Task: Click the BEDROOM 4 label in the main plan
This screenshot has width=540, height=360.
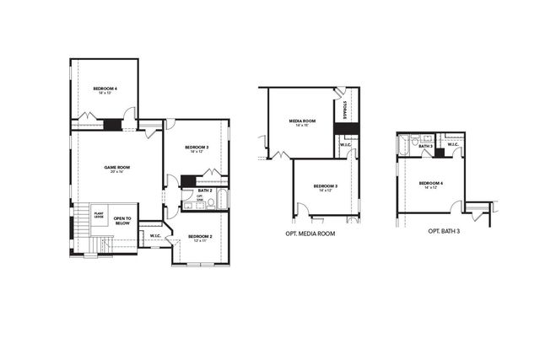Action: [x=105, y=89]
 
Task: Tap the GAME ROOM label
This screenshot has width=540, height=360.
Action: [x=117, y=167]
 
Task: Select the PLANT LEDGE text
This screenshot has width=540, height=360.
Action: [x=99, y=215]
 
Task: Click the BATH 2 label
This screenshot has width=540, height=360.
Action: [x=204, y=191]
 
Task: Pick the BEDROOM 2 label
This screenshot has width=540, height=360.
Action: [x=200, y=236]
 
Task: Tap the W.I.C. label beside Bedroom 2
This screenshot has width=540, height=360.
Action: [x=155, y=235]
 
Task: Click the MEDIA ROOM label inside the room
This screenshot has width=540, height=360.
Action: [x=302, y=121]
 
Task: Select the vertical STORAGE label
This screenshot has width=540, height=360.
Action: [x=346, y=110]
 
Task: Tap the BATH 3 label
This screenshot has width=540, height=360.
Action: [x=425, y=146]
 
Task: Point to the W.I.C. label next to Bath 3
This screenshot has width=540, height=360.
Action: [x=453, y=145]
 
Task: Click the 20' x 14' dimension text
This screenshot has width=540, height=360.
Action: [x=117, y=172]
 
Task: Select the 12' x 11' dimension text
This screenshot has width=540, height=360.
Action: [x=200, y=241]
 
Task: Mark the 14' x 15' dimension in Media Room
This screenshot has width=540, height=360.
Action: [x=302, y=126]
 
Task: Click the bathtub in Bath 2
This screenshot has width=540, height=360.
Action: [x=222, y=201]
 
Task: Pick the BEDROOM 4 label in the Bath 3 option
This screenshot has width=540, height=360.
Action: [x=430, y=183]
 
